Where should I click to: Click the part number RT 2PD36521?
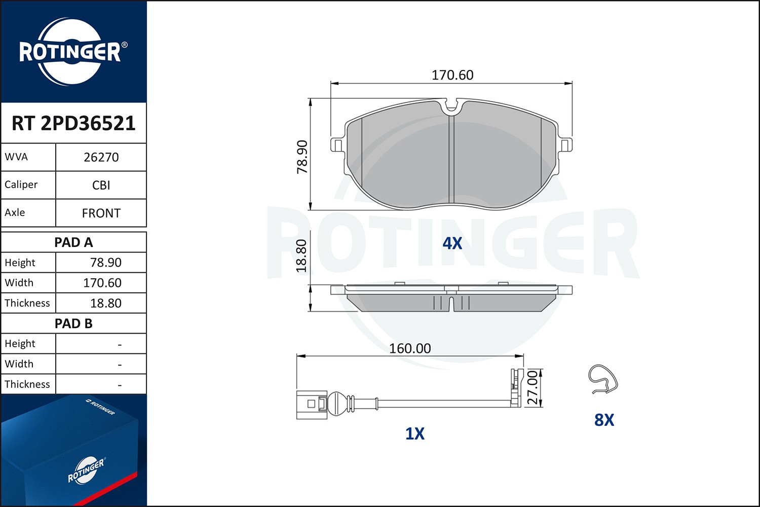pos(73,123)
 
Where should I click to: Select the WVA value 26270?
pos(101,157)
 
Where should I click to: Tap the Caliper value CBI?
pos(101,185)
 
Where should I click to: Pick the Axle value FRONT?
pos(101,213)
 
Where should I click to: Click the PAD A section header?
pos(73,242)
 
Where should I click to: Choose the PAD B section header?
pos(73,323)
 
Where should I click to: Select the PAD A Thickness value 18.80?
pos(105,303)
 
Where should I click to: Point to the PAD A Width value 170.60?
pos(102,283)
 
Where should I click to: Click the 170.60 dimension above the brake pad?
pos(452,75)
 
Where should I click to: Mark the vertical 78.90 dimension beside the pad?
pos(302,157)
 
